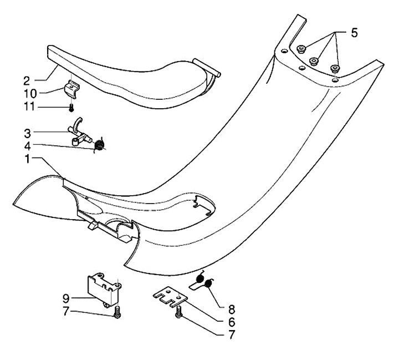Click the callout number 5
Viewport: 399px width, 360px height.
coord(354,33)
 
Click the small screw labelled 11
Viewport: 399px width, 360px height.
coord(71,106)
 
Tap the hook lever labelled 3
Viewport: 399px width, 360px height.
coord(78,131)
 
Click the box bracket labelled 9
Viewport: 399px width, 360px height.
coord(104,288)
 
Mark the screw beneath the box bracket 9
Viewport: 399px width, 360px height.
coord(116,314)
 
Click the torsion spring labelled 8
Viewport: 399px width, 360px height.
coord(206,283)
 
